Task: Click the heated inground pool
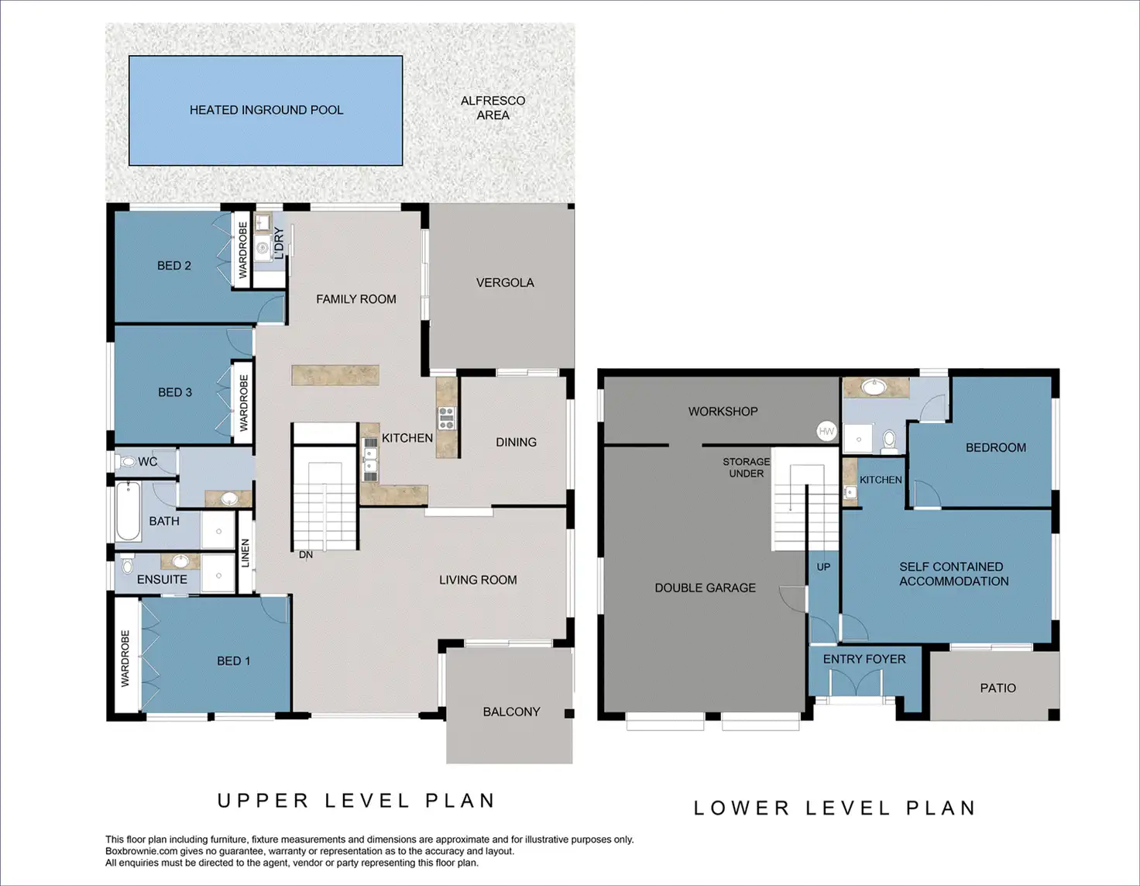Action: [266, 111]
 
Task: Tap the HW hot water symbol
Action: [826, 432]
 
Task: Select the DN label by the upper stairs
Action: [306, 555]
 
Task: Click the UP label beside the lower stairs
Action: [824, 567]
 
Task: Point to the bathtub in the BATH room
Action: [128, 512]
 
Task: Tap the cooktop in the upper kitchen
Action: [447, 418]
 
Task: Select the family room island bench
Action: [335, 374]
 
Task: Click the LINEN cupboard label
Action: [245, 553]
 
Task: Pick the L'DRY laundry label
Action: [280, 243]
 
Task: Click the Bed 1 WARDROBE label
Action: [125, 658]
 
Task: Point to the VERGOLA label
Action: [505, 283]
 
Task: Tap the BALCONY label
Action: [511, 712]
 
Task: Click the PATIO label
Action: [998, 688]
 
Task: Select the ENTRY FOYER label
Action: [864, 659]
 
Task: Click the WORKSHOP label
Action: [723, 412]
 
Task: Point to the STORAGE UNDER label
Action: [746, 467]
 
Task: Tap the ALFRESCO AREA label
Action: [493, 108]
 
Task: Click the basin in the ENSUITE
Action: [180, 561]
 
